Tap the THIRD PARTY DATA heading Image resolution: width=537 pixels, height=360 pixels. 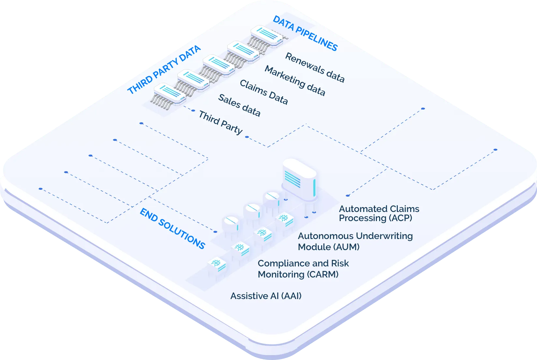click(x=164, y=70)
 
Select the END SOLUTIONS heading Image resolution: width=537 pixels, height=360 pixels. click(x=172, y=229)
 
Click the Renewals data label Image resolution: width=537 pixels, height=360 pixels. click(x=315, y=67)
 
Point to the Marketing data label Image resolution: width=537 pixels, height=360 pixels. click(x=295, y=81)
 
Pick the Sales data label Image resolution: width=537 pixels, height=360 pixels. click(x=239, y=105)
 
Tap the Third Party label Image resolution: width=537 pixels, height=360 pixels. click(x=221, y=122)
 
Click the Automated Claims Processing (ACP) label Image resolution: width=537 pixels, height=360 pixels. click(x=379, y=213)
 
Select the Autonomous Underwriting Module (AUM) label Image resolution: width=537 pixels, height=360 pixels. click(x=355, y=241)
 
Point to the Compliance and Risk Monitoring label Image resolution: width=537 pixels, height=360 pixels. click(x=303, y=269)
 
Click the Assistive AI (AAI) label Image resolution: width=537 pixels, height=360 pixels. click(x=266, y=296)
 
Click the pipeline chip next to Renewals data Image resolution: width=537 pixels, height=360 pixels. click(x=266, y=36)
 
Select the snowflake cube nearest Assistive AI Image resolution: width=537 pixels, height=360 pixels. click(x=217, y=265)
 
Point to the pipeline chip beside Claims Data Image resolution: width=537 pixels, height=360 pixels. click(x=218, y=64)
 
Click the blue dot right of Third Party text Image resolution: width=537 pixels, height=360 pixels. click(x=247, y=137)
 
